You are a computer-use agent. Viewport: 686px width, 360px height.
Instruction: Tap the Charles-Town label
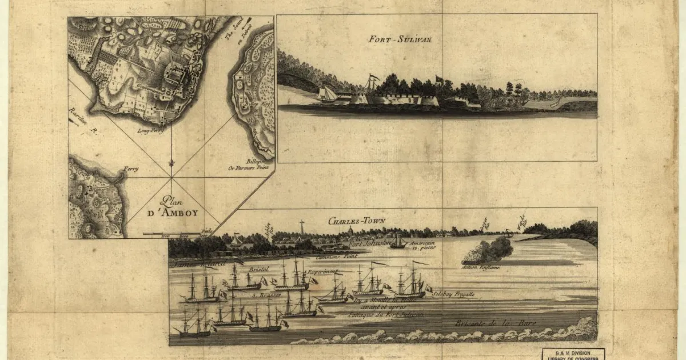tap(350, 221)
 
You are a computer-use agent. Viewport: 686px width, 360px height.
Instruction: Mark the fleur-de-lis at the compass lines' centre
tap(171, 164)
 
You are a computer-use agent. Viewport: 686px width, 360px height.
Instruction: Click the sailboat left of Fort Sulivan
tap(328, 94)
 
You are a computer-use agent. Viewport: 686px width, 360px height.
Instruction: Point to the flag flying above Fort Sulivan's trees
tap(439, 79)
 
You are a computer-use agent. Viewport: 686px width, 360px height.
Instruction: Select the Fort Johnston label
tap(370, 242)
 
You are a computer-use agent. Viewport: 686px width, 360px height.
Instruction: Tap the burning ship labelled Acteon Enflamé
tap(486, 251)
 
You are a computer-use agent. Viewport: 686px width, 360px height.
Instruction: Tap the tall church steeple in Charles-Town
tap(301, 227)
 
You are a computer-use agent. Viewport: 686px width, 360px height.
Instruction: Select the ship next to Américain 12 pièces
tap(398, 242)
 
